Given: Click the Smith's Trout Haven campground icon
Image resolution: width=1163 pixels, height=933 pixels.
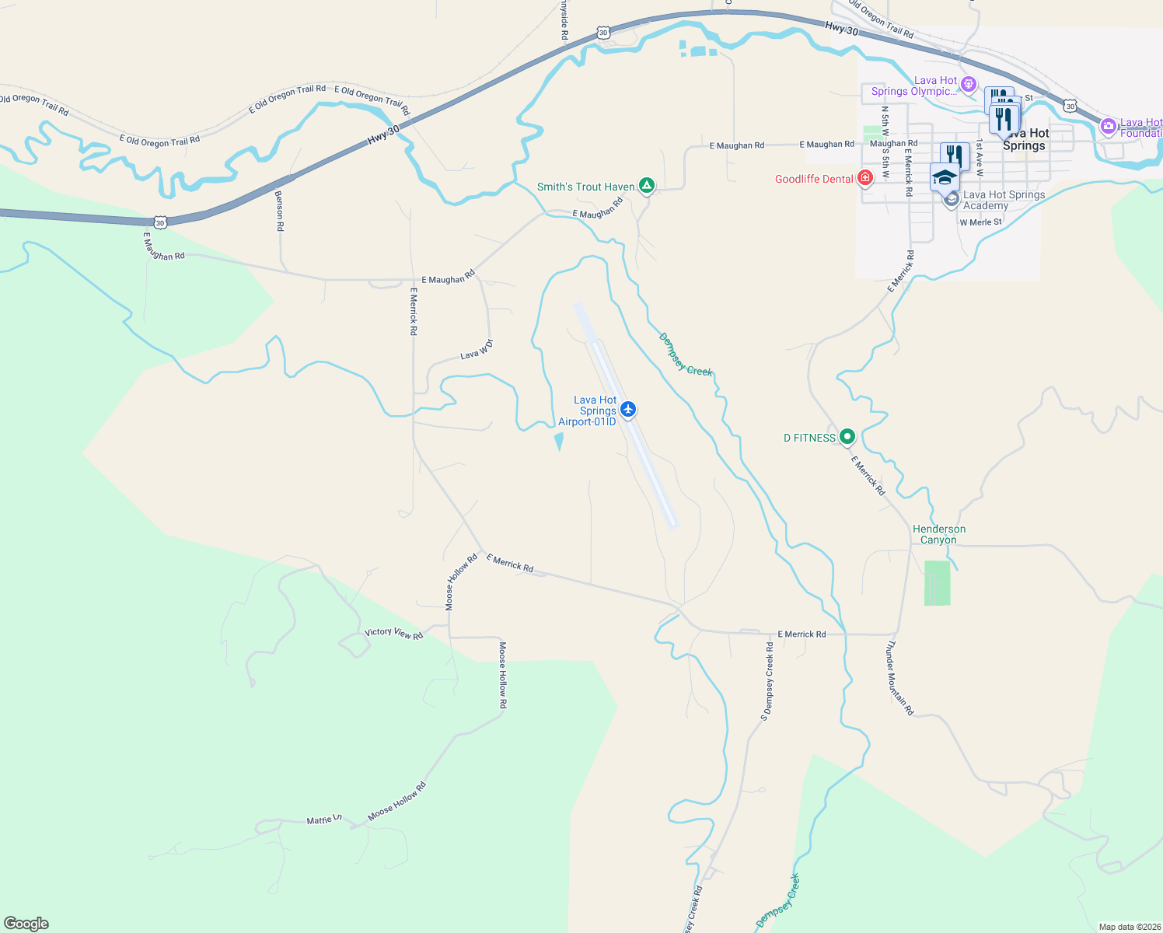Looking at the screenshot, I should tap(646, 186).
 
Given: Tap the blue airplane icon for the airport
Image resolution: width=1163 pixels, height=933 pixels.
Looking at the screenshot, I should tap(628, 410).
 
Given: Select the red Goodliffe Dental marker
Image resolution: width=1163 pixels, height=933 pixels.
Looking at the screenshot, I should tap(864, 179).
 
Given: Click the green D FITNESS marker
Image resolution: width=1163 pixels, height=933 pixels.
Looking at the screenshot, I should tap(847, 437).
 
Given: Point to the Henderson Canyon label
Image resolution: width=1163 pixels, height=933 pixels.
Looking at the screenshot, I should tap(939, 534).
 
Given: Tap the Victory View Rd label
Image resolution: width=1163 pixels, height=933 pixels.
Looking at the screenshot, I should tap(394, 633).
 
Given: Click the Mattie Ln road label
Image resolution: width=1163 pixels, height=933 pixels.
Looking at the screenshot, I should tap(323, 819).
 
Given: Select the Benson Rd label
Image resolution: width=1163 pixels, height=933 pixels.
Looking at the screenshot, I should tap(280, 211).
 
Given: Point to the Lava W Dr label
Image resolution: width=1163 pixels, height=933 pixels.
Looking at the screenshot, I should tap(477, 350).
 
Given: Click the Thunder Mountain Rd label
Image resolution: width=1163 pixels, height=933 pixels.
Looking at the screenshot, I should tap(900, 678).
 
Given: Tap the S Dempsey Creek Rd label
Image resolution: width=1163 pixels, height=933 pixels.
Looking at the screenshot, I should tap(767, 682).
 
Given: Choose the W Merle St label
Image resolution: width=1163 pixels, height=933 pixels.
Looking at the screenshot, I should tap(980, 222).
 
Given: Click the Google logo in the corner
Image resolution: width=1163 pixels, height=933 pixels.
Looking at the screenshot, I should tap(26, 924).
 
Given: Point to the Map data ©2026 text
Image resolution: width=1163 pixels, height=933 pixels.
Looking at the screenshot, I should tap(1129, 927).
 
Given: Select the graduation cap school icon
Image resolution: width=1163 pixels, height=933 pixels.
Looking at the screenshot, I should tap(945, 177).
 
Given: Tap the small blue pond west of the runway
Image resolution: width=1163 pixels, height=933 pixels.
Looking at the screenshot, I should tap(558, 442).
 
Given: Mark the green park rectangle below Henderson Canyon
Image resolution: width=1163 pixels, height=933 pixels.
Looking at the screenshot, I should tap(937, 582).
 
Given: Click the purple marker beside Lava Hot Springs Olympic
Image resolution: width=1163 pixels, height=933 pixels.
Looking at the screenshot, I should tap(969, 84).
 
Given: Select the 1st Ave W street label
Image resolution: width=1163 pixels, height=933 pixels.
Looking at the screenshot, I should tap(980, 157).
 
